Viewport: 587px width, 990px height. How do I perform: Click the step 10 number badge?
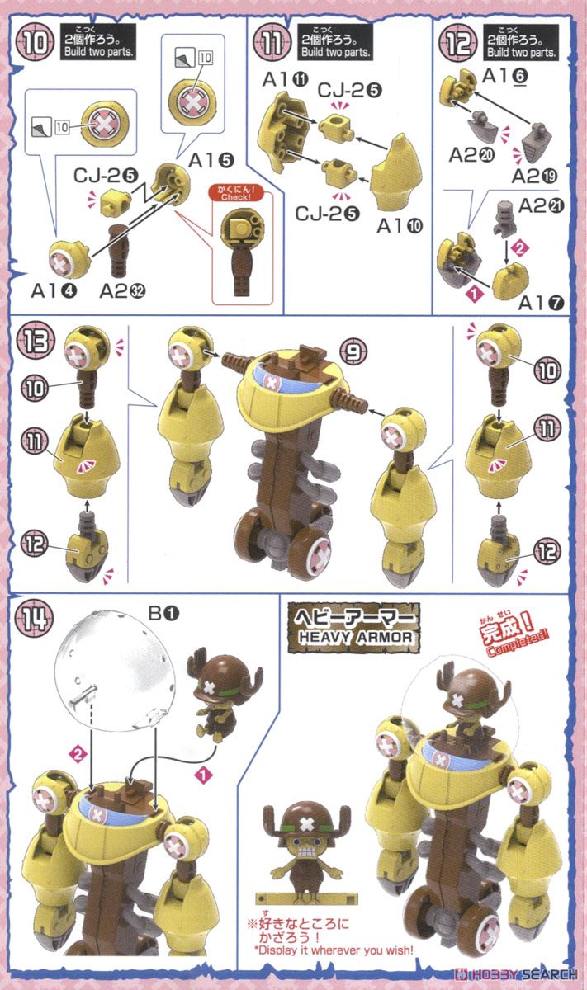click(36, 43)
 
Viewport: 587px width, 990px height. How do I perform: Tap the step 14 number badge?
click(35, 618)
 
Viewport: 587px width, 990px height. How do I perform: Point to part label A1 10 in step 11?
click(400, 226)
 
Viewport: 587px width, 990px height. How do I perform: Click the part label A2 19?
click(534, 177)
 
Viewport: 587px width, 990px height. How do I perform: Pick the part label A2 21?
click(541, 206)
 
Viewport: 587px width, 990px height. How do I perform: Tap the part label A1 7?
click(541, 303)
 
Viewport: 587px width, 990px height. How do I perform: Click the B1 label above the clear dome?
click(163, 614)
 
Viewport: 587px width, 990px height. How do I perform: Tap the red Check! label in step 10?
click(235, 196)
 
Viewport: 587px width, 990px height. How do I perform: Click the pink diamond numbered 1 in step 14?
click(203, 775)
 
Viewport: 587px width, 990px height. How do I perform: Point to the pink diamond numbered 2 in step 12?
click(519, 247)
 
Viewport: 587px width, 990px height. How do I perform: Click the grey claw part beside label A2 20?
click(484, 125)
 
